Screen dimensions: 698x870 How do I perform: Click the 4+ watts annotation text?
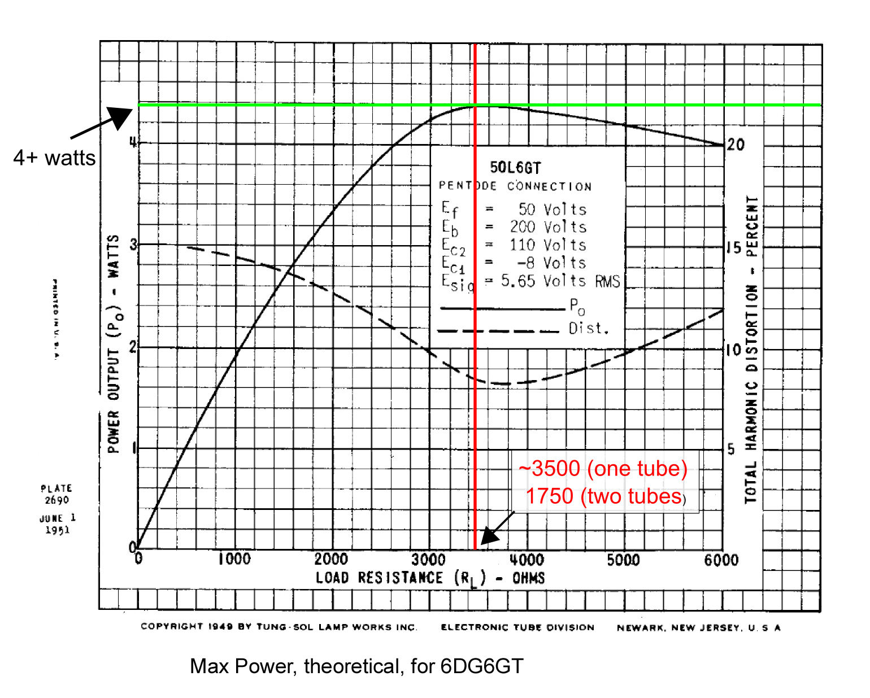coord(54,158)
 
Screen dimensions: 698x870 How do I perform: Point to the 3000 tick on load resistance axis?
coord(428,560)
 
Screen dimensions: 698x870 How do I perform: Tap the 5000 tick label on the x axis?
coord(623,560)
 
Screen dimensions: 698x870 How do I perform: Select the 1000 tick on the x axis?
coord(234,559)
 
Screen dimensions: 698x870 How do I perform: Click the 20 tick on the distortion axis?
coord(736,145)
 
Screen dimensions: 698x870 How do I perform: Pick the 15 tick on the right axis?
coord(733,247)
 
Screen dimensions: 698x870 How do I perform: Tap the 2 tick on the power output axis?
coord(133,347)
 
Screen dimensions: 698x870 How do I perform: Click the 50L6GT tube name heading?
coord(515,168)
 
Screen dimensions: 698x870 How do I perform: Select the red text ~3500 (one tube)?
coord(603,469)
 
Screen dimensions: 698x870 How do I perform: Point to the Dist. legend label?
coord(589,328)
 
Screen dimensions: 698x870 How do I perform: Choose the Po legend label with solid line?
coord(577,307)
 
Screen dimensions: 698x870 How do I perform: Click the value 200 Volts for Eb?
coord(548,227)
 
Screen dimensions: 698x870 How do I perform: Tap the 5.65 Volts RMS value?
coord(560,281)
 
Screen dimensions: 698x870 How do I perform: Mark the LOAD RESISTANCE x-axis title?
coord(430,578)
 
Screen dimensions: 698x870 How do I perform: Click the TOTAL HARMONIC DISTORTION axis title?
coord(751,350)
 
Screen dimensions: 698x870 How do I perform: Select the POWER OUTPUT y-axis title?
coord(114,344)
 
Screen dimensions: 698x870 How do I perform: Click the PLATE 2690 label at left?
coord(56,494)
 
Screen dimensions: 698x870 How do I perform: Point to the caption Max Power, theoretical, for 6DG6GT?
coord(356,666)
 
